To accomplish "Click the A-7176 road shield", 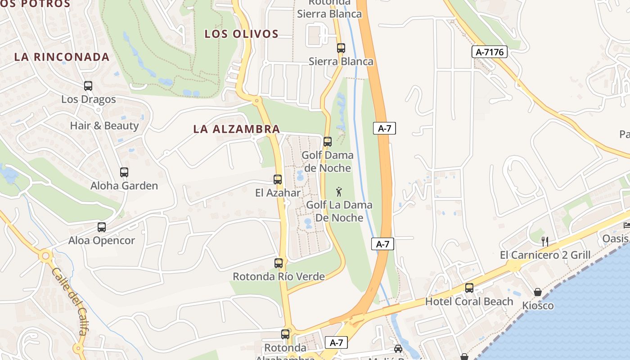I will pos(490,52).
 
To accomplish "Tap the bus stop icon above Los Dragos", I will pos(88,85).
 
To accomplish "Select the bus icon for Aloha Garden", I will pos(124,172).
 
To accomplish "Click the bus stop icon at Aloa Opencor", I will pos(102,227).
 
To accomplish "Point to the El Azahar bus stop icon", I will pos(278,180).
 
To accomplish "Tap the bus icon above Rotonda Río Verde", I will pos(279,263).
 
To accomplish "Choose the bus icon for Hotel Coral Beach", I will pos(469,288).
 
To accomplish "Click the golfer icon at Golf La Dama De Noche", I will pos(339,192).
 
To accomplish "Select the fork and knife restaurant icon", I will pos(544,242).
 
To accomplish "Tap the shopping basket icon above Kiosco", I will pos(538,292).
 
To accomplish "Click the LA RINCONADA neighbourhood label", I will pos(62,57).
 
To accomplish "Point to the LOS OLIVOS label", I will pos(242,34).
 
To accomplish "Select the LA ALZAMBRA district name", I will pos(237,129).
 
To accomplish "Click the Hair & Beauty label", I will pos(104,126).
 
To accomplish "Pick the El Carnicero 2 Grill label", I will pos(545,255).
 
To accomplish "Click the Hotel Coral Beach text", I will pos(469,301).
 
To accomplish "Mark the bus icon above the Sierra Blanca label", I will pos(341,48).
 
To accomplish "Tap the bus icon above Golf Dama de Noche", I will pos(328,142).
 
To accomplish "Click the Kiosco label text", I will pos(538,306).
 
